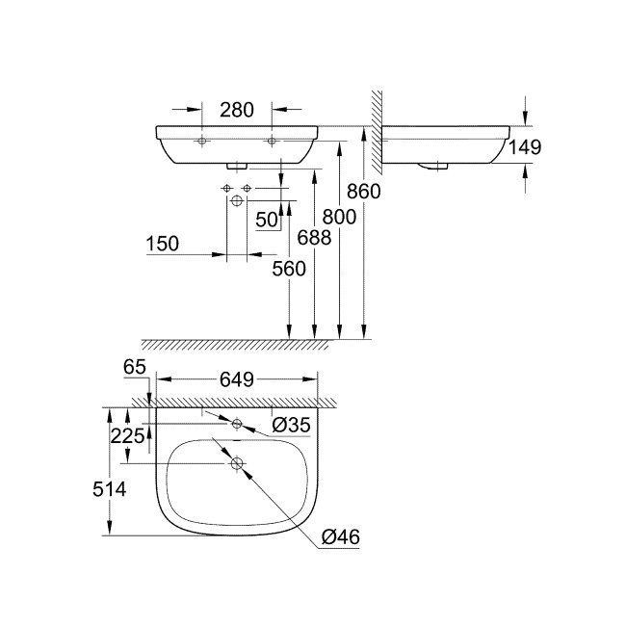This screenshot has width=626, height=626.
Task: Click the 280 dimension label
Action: [237, 110]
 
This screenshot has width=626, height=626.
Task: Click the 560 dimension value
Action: [289, 269]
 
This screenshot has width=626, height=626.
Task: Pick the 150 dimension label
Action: [163, 245]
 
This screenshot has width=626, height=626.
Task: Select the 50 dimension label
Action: [267, 219]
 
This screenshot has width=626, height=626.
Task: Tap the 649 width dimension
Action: [237, 379]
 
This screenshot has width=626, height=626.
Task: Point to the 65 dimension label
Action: [135, 367]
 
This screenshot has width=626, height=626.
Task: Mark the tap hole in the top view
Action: [237, 423]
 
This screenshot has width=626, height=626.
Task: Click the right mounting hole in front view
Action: [273, 143]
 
